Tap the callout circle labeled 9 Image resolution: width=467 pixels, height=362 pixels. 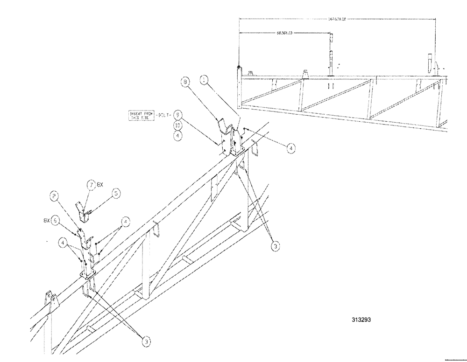tap(177, 114)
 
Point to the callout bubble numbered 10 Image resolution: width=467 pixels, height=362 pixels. tap(177, 125)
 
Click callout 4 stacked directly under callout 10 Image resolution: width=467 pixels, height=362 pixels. tap(177, 136)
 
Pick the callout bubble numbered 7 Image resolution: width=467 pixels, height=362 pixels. tap(91, 186)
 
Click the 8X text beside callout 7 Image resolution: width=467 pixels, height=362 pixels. tap(101, 185)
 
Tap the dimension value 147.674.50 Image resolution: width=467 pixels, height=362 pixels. tap(334, 20)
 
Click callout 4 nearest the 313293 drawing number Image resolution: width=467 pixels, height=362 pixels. tap(290, 148)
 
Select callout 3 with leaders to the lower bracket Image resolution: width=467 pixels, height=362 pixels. tap(147, 342)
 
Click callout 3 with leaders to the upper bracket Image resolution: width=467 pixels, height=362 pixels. tap(276, 245)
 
